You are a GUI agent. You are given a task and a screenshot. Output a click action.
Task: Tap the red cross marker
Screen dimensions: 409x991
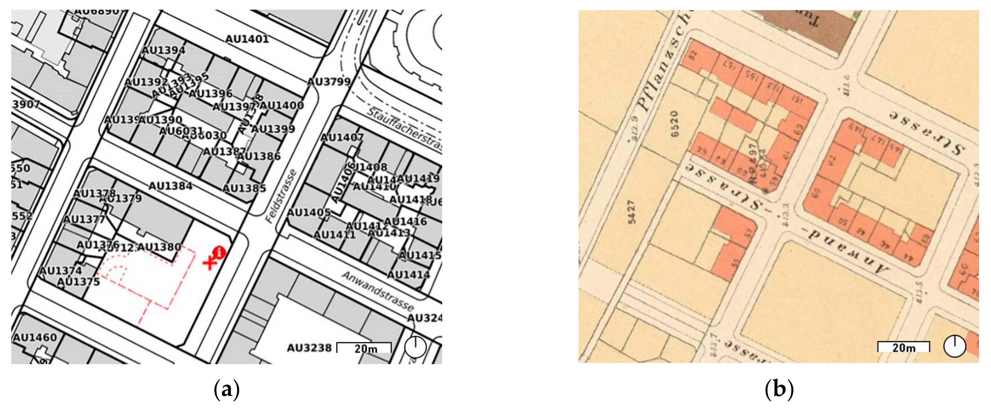pos(210,263)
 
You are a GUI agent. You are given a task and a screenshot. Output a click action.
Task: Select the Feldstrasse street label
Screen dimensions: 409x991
pos(281,196)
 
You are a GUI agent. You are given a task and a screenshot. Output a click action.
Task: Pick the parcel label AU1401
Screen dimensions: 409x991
pos(247,39)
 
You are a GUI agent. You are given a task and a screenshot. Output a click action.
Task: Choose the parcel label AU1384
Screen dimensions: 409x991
pos(170,186)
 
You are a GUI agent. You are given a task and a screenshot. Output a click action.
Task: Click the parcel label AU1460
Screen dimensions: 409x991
pos(35,338)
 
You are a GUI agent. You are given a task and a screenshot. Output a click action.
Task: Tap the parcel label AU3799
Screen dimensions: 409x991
pos(329,82)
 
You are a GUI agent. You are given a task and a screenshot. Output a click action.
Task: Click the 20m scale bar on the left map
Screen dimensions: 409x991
pos(364,347)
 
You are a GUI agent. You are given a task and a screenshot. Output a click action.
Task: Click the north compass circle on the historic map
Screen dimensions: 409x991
pos(955,346)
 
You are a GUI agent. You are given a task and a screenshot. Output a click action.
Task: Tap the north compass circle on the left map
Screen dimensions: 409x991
pos(415,347)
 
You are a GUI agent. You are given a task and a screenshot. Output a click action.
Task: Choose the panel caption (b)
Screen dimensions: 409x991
pos(779,390)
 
